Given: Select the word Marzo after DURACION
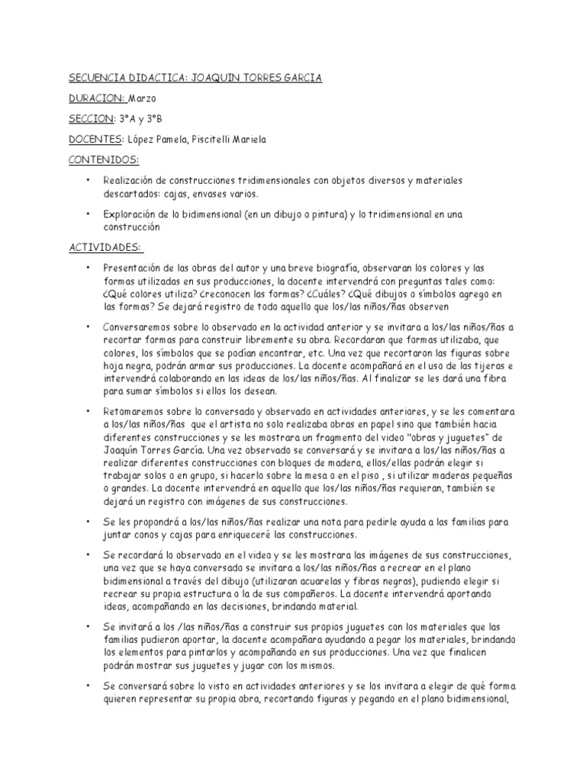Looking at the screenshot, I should click(x=143, y=98).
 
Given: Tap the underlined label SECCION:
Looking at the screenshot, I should click(x=91, y=118).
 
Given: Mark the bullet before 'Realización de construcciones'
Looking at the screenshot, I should click(x=89, y=180).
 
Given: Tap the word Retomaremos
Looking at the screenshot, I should click(x=135, y=410).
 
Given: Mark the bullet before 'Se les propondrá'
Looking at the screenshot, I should click(x=89, y=522).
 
